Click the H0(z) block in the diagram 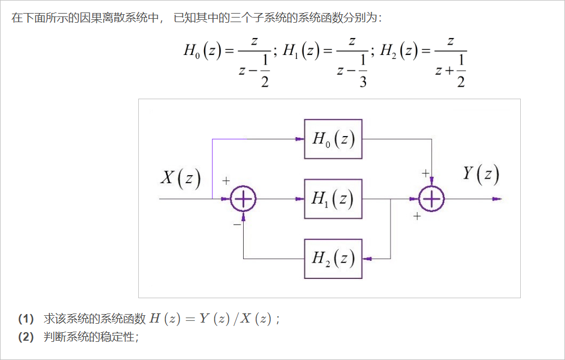pos(333,139)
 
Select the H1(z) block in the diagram pos(333,198)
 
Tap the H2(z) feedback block pos(333,259)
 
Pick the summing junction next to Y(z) pos(432,199)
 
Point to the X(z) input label pos(181,178)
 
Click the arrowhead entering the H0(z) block pos(299,139)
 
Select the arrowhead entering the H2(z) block pos(367,259)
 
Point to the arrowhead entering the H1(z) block pos(299,199)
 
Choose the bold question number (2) pos(26,337)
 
